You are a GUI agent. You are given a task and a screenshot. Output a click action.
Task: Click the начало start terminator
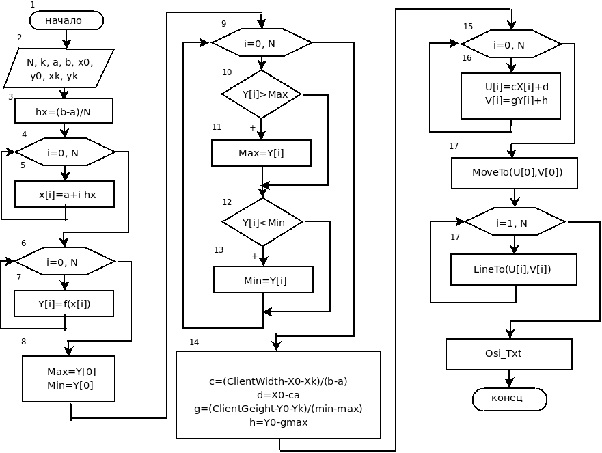66,20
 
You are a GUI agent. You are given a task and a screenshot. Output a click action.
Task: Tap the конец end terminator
510,399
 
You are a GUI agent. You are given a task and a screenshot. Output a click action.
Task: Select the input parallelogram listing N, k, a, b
59,68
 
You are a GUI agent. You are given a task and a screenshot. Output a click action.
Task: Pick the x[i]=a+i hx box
64,194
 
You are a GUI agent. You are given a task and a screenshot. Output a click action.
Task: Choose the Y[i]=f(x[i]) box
64,303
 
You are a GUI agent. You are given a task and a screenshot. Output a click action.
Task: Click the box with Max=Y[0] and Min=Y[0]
69,379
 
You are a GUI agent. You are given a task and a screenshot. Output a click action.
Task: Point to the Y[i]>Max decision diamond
262,94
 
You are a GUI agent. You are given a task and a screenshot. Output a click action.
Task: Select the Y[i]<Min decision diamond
262,222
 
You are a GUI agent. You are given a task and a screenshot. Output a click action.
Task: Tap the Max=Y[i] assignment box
262,153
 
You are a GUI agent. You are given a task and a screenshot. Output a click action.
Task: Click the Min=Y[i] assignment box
263,280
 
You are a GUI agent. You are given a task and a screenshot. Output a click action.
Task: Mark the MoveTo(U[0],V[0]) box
515,173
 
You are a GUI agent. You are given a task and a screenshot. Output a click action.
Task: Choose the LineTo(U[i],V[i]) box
514,269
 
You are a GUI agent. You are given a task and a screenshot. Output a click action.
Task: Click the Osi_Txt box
509,354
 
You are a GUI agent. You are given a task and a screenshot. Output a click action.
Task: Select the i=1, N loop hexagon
515,222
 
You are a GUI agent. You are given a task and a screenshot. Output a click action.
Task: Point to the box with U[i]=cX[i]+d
510,96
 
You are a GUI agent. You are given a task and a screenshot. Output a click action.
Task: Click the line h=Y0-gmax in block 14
278,422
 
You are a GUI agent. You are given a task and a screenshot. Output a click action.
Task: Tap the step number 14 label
194,342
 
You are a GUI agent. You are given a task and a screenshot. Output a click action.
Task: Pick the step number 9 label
224,24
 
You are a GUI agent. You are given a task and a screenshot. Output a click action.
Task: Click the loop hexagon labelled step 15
511,44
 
